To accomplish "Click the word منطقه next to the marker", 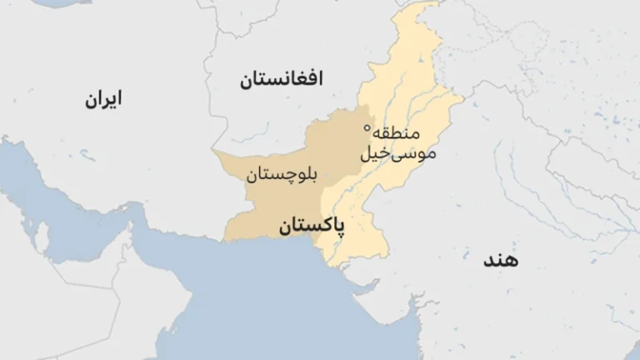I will [397, 133].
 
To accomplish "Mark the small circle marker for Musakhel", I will [367, 127].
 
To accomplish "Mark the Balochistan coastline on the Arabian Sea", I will [267, 239].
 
